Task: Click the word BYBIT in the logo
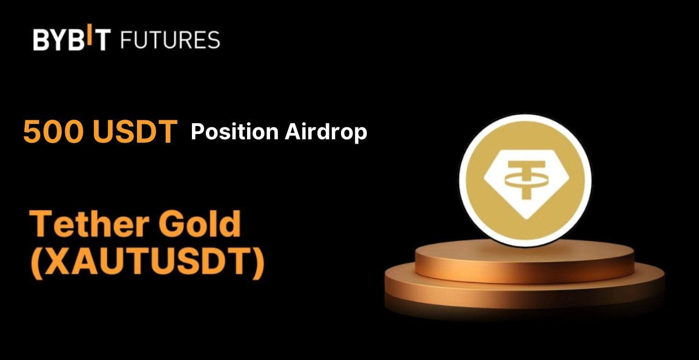(72, 39)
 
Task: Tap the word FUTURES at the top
(170, 39)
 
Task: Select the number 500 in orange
(52, 132)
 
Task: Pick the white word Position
(234, 132)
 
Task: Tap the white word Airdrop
(326, 132)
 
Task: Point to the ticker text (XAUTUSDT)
(147, 263)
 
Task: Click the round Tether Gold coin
(525, 180)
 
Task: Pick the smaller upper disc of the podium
(524, 261)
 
